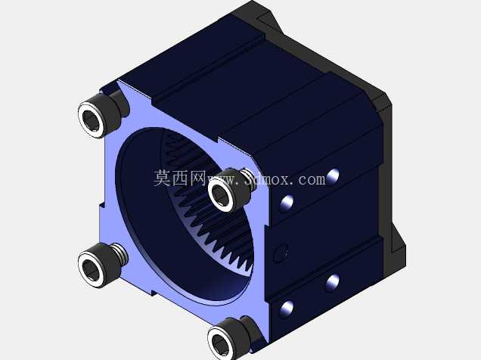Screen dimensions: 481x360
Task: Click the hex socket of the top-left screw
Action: [91, 120]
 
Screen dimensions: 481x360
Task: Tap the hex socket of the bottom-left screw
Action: [91, 270]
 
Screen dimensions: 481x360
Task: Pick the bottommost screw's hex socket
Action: [221, 345]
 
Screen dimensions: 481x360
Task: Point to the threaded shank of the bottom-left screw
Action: [118, 251]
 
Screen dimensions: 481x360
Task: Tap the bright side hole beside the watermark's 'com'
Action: [333, 177]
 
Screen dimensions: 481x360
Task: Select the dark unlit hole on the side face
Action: [281, 253]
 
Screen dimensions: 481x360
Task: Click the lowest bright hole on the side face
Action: [287, 309]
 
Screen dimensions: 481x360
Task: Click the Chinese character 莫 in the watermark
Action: [162, 178]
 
